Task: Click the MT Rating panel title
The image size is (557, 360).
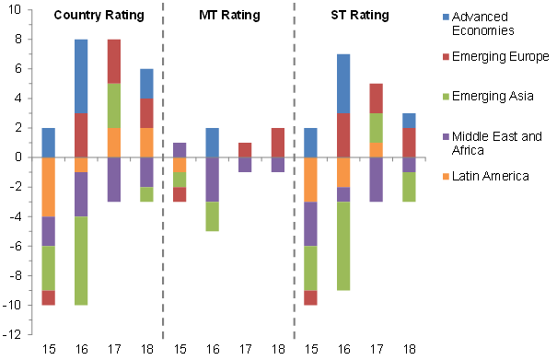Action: (229, 16)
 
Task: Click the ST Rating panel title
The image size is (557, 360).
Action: (359, 16)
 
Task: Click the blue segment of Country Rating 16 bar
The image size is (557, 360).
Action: (81, 76)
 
